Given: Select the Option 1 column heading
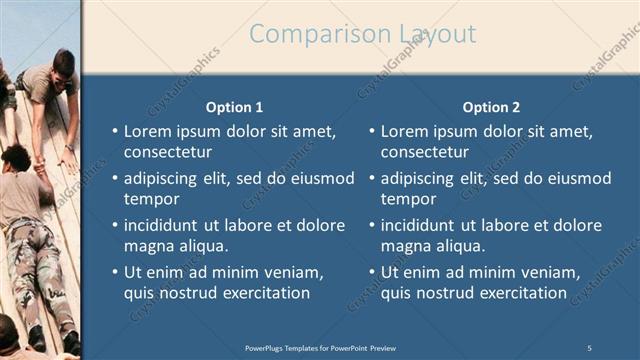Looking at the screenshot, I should (235, 107).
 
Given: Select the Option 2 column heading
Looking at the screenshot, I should (492, 107).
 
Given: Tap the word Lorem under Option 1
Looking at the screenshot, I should (148, 131).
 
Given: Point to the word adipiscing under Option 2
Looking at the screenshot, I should (421, 178).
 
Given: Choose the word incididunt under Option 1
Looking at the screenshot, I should (164, 225).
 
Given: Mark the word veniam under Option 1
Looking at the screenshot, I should (293, 272).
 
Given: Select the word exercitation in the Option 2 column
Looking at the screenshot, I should (518, 293).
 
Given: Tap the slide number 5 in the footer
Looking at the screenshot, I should (590, 347).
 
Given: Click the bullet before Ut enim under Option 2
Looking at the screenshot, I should (372, 272).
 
